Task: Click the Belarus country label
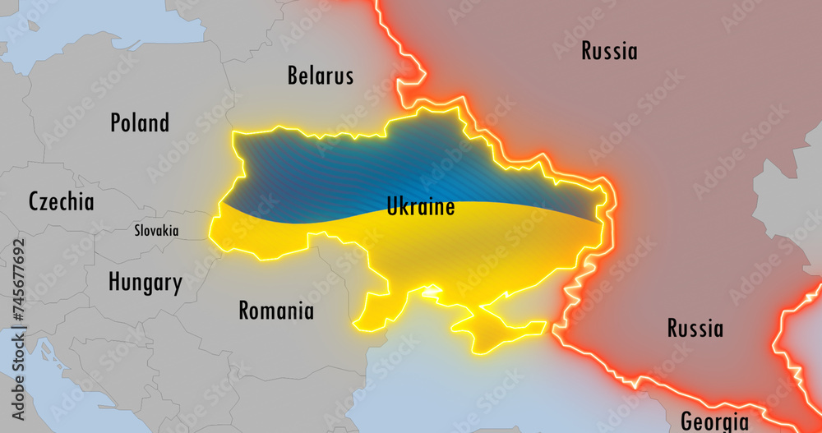pyautogui.click(x=321, y=76)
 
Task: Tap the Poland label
pyautogui.click(x=140, y=123)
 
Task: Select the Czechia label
pyautogui.click(x=61, y=202)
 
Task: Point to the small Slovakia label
pyautogui.click(x=156, y=231)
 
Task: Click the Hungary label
pyautogui.click(x=145, y=283)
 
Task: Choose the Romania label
pyautogui.click(x=276, y=311)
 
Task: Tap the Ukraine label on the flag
pyautogui.click(x=421, y=206)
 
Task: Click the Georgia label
pyautogui.click(x=714, y=421)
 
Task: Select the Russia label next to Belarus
pyautogui.click(x=609, y=51)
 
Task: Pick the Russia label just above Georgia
pyautogui.click(x=695, y=329)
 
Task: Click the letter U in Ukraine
pyautogui.click(x=393, y=206)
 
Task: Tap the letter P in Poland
pyautogui.click(x=116, y=123)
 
